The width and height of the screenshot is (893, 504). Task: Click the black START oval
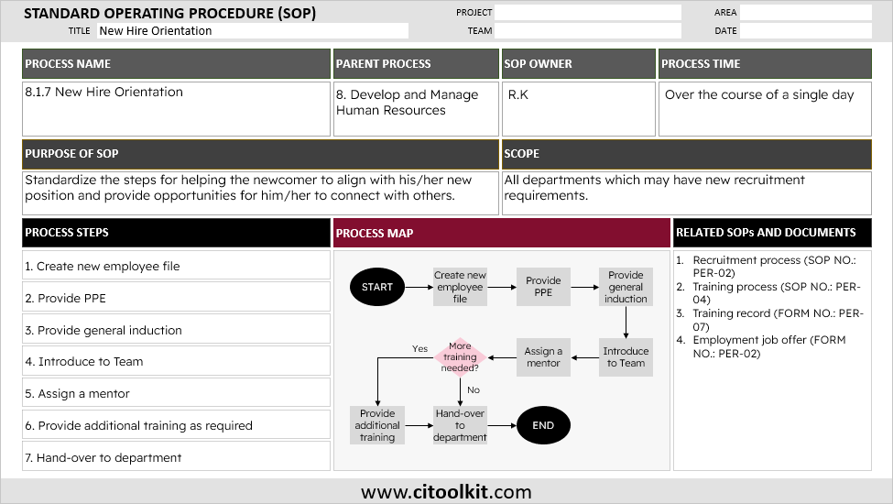[x=377, y=287]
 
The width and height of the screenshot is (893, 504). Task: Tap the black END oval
[x=543, y=425]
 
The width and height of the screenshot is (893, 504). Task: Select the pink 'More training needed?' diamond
[x=460, y=357]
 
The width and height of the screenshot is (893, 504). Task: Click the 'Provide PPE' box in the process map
[x=543, y=287]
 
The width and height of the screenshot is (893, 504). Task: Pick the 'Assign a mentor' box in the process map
[x=543, y=357]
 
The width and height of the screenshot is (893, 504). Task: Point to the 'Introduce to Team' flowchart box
[x=626, y=357]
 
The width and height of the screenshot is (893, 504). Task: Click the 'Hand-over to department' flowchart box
[x=460, y=425]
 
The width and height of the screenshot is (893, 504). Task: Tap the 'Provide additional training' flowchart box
[x=377, y=425]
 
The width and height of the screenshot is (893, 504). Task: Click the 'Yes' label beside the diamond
[x=419, y=348]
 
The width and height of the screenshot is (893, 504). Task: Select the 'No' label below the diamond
[x=474, y=390]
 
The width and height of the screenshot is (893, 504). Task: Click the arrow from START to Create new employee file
[x=419, y=287]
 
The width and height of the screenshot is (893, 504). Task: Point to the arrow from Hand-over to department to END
[x=502, y=425]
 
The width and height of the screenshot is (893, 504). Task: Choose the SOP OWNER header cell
[x=578, y=64]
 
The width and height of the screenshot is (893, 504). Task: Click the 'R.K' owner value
[x=518, y=94]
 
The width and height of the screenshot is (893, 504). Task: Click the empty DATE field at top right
[x=805, y=31]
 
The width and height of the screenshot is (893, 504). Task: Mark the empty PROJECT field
[x=588, y=13]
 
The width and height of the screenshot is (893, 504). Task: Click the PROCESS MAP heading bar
[x=501, y=233]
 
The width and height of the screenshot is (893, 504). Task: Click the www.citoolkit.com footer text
[x=446, y=492]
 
